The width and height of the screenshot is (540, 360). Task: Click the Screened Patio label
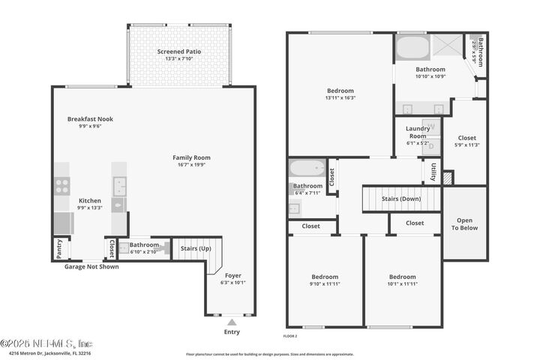(x=178, y=52)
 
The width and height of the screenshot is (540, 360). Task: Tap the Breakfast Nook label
(x=90, y=118)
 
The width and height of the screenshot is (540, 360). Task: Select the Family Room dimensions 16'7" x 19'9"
(x=191, y=165)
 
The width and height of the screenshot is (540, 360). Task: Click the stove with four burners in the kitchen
(x=61, y=184)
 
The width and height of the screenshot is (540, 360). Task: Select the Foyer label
(x=233, y=275)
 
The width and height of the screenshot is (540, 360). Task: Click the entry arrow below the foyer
(x=232, y=321)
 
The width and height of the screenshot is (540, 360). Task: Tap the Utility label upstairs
(x=433, y=172)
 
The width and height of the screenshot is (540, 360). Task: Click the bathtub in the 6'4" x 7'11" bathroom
(x=307, y=168)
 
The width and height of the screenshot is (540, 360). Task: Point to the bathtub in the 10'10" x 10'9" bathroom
(x=412, y=49)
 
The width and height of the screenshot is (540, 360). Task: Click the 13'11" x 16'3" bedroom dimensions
(x=340, y=97)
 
